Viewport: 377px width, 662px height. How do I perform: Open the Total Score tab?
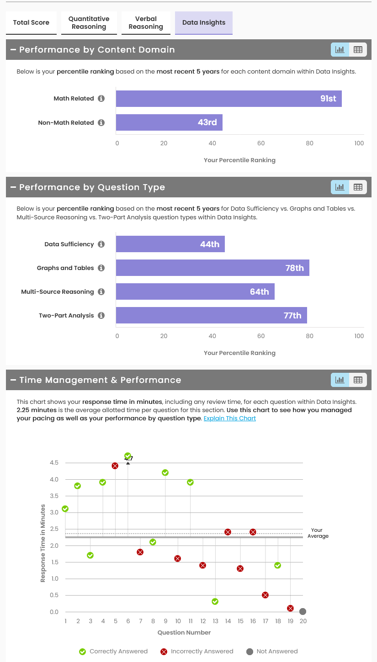(31, 23)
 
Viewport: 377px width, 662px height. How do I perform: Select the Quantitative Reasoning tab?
(89, 23)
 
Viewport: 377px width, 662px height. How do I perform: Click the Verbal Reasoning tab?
(146, 23)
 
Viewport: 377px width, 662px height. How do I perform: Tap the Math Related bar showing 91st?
(228, 99)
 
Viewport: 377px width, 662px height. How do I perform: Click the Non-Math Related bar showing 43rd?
(169, 122)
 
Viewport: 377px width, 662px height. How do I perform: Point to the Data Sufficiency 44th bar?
(170, 244)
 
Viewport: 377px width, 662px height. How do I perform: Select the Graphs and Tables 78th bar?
(212, 268)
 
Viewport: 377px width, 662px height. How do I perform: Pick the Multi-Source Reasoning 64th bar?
(195, 291)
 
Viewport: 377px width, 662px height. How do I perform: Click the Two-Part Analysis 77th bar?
(211, 315)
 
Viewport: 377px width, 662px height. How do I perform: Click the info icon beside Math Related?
(101, 99)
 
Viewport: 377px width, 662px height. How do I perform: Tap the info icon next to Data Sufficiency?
(101, 244)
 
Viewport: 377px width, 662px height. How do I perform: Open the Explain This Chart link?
(229, 418)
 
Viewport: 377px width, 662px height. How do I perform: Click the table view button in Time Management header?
(358, 380)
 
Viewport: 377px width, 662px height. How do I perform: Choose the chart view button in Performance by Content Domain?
(340, 50)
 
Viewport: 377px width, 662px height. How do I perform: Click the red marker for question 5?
(115, 466)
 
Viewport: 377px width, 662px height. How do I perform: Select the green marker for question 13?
(215, 601)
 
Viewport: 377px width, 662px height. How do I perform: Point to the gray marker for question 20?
(303, 611)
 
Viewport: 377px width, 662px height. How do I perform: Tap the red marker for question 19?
(290, 608)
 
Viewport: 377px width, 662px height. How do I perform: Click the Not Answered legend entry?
(272, 651)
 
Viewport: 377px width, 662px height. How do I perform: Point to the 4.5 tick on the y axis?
(54, 463)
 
